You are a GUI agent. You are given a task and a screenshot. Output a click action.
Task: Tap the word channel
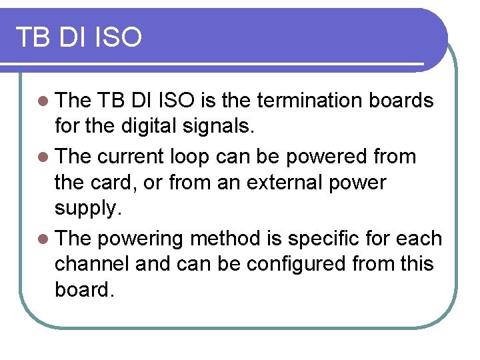[92, 265]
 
